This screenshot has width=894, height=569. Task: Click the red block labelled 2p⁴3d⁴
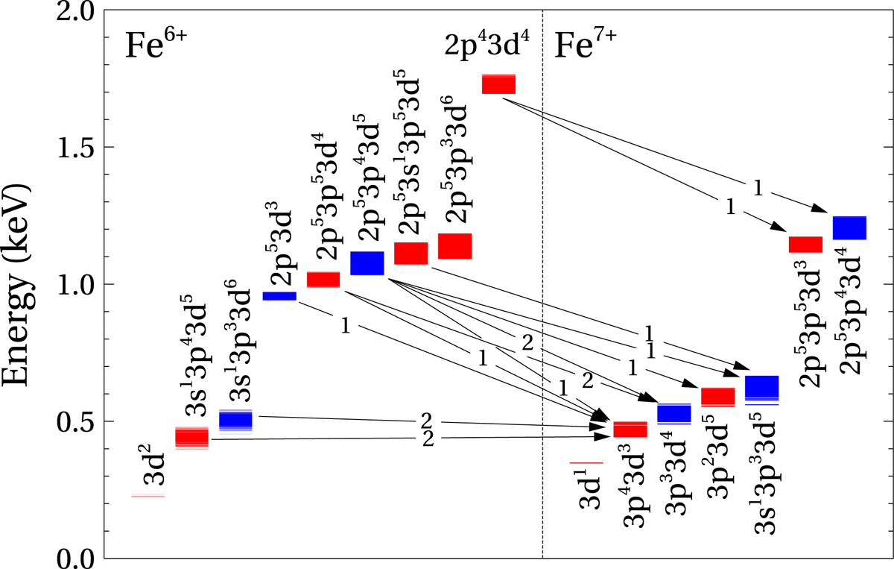498,84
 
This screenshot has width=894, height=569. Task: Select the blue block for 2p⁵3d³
279,296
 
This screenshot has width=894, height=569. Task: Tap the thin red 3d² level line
148,496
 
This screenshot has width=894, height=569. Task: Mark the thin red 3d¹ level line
586,463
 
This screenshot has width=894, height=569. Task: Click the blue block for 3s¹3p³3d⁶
235,421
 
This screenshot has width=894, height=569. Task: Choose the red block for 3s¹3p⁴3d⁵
191,438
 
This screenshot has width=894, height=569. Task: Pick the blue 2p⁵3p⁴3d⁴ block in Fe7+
849,227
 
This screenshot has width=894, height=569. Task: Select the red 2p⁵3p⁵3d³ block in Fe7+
805,245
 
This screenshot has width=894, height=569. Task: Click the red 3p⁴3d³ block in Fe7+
630,430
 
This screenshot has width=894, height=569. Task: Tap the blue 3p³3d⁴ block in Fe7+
674,413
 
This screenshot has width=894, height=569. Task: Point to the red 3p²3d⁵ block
718,397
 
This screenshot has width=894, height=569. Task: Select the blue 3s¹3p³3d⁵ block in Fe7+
762,388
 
